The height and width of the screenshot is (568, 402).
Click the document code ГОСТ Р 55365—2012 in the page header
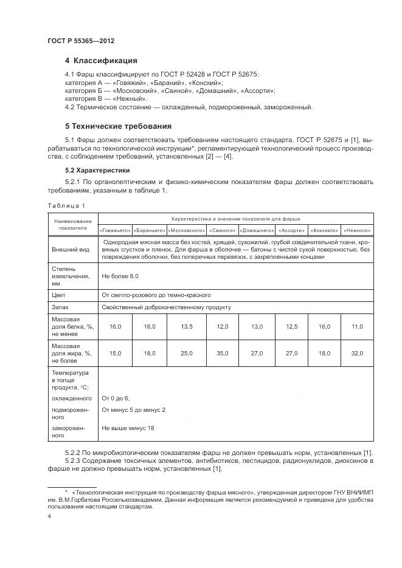point(81,41)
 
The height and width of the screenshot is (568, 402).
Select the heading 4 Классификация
point(101,61)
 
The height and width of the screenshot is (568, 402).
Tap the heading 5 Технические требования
point(118,126)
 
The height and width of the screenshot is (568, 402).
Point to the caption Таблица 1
point(67,205)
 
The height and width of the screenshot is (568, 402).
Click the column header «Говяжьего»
point(115,230)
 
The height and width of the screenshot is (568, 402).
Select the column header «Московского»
point(185,230)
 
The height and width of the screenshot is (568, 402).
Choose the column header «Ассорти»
point(292,230)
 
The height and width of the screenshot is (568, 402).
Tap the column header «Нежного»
point(356,230)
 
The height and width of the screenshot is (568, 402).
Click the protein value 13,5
point(186,327)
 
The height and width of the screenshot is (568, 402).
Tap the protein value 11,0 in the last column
point(356,327)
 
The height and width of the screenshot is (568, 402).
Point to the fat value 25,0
point(186,353)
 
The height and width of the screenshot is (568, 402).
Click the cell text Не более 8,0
point(120,276)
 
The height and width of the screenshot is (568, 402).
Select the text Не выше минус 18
point(128,428)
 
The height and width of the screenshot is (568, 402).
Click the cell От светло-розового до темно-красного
point(156,295)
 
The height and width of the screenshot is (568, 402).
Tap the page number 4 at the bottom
point(49,516)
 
